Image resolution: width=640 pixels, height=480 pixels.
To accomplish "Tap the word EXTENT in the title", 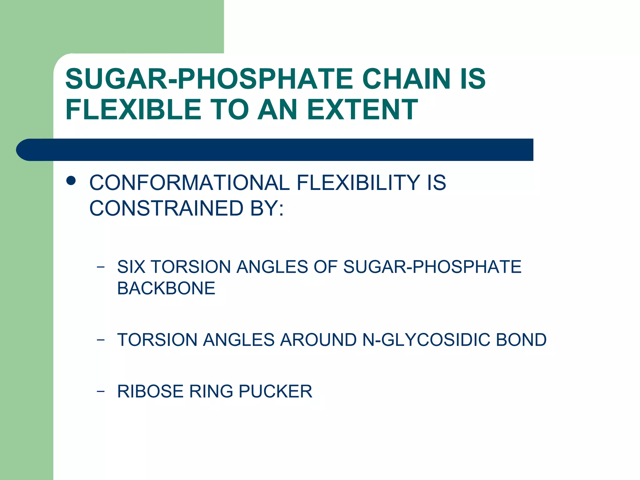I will (362, 109).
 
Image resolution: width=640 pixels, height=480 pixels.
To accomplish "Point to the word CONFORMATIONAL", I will (189, 182).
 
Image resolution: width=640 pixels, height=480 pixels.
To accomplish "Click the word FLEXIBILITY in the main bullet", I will (358, 182).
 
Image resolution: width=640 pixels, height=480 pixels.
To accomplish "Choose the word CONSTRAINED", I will (166, 208).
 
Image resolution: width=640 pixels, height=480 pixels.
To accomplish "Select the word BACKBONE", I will (166, 288).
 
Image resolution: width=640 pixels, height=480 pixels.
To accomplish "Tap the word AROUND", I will (318, 340).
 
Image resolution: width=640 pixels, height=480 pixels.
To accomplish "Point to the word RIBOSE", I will (150, 391).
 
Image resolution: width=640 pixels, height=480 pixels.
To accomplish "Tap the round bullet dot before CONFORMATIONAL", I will (71, 181).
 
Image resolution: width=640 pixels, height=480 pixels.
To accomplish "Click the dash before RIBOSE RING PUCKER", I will (101, 391).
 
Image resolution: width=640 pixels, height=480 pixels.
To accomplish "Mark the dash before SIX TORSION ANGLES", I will (101, 267).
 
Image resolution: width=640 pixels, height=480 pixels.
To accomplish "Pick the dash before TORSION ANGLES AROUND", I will (101, 340).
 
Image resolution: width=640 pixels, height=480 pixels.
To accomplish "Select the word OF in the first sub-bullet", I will (325, 267).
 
